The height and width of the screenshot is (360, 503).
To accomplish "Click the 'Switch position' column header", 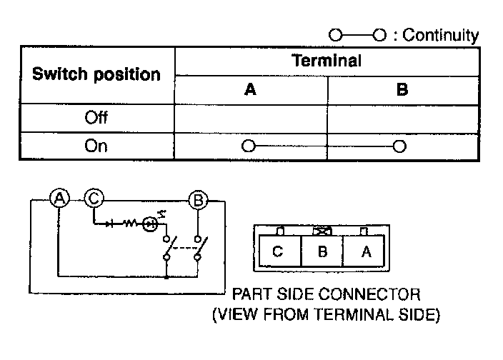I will point(96,74).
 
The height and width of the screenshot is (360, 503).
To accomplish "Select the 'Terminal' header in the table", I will point(327,61).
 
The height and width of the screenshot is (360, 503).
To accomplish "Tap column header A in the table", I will point(250,90).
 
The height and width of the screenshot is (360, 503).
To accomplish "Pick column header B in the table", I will point(402,90).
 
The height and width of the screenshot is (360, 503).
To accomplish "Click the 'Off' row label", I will point(96,117).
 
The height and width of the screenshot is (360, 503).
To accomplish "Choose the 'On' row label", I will point(96,146).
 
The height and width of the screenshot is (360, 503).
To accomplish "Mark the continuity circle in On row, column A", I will point(248,146).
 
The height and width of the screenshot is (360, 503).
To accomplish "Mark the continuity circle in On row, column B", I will point(399,146).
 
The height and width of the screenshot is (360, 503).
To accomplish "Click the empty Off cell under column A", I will point(251,117).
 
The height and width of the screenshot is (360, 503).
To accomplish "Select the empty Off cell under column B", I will point(403,117).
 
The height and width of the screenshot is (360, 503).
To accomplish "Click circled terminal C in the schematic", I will point(94,199).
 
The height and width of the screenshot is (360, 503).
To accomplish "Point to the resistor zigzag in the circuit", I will point(131,224).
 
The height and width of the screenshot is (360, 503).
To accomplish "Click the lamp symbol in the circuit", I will point(150,224).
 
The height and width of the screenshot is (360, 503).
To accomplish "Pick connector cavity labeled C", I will point(278,252).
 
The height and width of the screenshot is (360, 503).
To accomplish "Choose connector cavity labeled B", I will point(322,252).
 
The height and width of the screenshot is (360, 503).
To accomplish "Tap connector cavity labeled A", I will point(366,252).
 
